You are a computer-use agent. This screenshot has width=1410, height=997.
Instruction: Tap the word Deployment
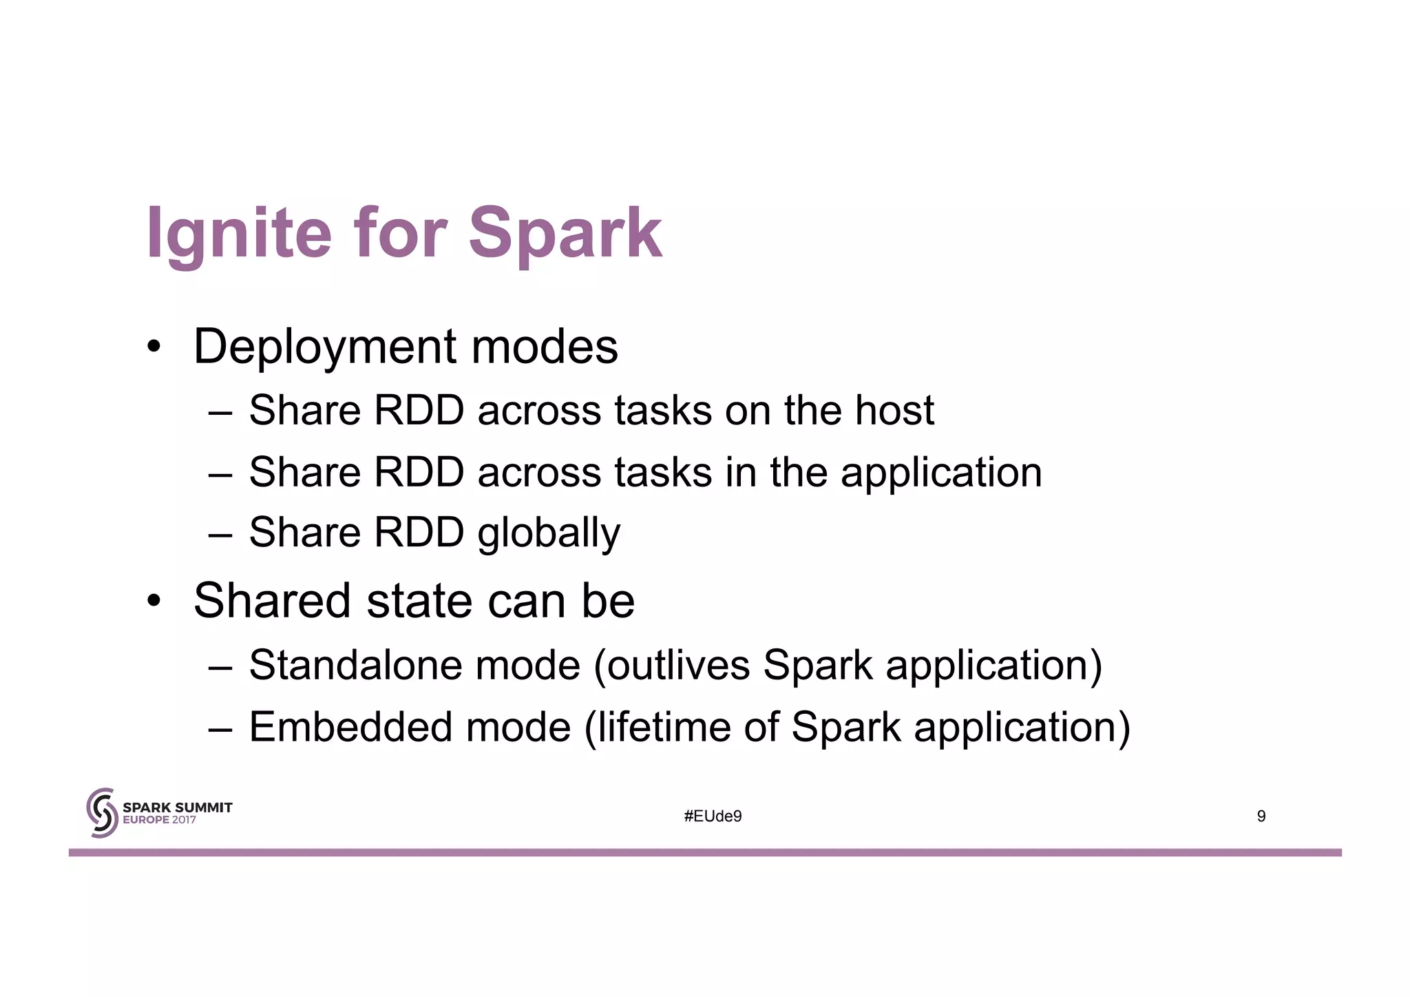click(324, 347)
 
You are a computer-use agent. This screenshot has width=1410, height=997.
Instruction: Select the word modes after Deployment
click(545, 347)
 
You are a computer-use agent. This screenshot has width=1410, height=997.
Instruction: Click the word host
click(894, 411)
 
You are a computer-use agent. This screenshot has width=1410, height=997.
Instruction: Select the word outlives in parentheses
click(678, 666)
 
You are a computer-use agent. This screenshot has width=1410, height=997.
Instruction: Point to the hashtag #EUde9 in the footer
click(713, 816)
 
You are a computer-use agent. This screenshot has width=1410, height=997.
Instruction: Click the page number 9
click(1261, 816)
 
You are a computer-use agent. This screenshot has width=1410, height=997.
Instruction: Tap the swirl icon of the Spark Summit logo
click(102, 813)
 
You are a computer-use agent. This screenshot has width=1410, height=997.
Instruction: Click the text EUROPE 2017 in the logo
click(159, 821)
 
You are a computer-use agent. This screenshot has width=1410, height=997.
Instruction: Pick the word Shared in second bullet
click(273, 601)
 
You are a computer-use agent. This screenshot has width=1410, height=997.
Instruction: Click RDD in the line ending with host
click(419, 411)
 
